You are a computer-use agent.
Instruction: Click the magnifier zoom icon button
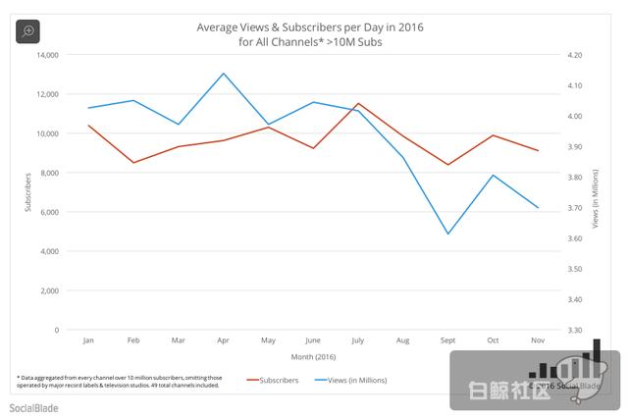pyautogui.click(x=28, y=30)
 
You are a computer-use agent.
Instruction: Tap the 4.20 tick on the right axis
pyautogui.click(x=575, y=55)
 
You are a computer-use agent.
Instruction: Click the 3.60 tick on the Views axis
pyautogui.click(x=575, y=238)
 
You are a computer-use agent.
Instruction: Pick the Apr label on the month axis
pyautogui.click(x=224, y=340)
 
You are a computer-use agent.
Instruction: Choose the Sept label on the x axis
pyautogui.click(x=447, y=340)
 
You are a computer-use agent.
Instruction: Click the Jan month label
pyautogui.click(x=88, y=340)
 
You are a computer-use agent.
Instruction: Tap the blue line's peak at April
pyautogui.click(x=224, y=74)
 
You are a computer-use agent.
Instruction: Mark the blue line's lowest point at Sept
pyautogui.click(x=447, y=234)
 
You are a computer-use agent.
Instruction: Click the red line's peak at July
pyautogui.click(x=358, y=103)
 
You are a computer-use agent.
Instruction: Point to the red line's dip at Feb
pyautogui.click(x=133, y=162)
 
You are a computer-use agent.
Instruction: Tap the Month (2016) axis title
pyautogui.click(x=313, y=356)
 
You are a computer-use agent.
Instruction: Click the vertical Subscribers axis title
pyautogui.click(x=26, y=192)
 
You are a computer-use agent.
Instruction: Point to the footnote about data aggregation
pyautogui.click(x=118, y=380)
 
